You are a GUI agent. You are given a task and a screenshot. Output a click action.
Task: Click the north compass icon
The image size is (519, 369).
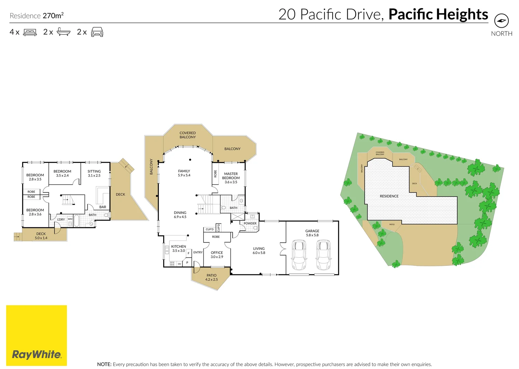[502, 21]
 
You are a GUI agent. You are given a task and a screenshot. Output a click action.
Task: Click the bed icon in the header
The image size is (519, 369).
[30, 32]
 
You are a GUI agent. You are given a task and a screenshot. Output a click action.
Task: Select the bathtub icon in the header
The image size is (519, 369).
[63, 32]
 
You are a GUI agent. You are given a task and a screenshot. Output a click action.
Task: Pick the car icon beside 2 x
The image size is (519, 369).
[97, 32]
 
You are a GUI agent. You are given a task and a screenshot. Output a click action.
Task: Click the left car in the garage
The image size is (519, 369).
[299, 255]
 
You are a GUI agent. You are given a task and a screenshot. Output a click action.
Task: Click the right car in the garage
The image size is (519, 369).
[323, 255]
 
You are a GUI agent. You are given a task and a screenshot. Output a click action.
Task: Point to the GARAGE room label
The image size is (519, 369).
[312, 233]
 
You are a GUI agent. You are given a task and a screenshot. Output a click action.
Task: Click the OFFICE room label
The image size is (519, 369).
[217, 255]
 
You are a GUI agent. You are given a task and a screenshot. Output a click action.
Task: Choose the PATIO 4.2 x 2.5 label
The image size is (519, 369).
[211, 277]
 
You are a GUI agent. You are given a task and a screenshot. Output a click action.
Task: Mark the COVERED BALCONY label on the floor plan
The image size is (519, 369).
[187, 135]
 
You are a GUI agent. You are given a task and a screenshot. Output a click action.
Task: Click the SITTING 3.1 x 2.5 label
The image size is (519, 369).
[94, 173]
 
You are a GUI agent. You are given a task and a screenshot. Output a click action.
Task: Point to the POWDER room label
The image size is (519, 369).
[250, 223]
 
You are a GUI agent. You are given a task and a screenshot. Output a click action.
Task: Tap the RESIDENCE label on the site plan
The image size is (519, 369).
[389, 196]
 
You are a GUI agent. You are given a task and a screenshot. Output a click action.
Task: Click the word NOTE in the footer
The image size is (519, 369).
[104, 364]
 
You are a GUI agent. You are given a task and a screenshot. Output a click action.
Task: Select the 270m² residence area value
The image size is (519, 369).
[53, 16]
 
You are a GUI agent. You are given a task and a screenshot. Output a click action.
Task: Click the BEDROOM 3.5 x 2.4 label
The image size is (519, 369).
[62, 173]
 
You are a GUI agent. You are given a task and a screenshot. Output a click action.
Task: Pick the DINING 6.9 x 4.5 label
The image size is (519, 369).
[180, 215]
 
